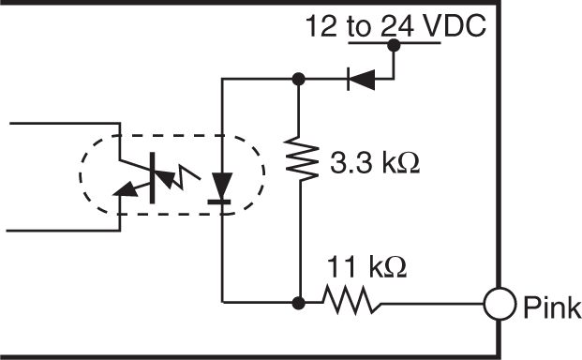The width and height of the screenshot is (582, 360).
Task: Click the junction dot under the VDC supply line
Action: [394, 44]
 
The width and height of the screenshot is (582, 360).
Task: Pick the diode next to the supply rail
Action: [361, 80]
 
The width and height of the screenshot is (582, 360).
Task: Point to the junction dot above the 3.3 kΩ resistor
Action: [298, 80]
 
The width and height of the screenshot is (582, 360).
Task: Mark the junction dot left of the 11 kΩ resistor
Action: [298, 303]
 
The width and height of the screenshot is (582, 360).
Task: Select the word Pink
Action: [552, 307]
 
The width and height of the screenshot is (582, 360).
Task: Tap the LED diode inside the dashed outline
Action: [222, 184]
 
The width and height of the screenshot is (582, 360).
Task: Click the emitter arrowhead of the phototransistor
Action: [122, 193]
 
